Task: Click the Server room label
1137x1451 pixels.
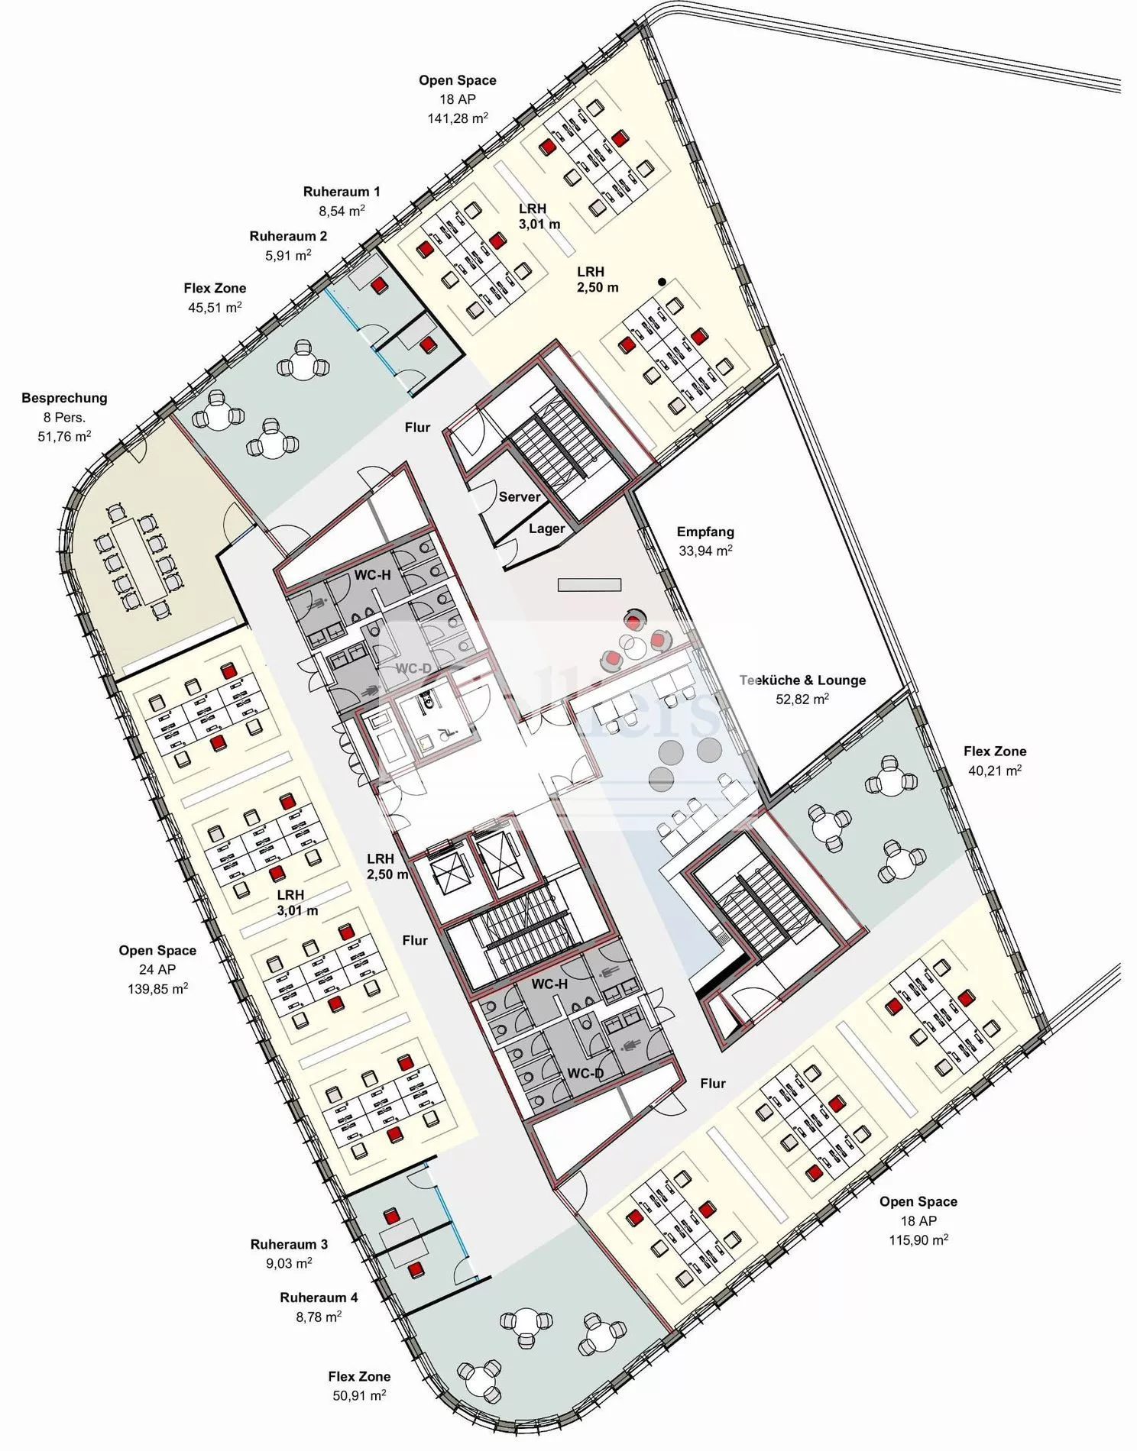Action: click(x=520, y=497)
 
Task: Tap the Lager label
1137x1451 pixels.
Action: click(x=546, y=528)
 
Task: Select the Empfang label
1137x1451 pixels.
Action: click(x=705, y=532)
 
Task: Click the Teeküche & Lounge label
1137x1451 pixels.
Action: click(x=802, y=680)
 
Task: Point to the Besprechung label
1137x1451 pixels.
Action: click(x=64, y=398)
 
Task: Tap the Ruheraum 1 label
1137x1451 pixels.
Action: click(x=342, y=192)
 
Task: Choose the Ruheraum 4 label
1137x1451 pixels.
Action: click(x=319, y=1297)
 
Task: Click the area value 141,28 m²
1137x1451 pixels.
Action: click(x=458, y=118)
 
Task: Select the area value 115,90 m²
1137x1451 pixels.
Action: click(x=918, y=1240)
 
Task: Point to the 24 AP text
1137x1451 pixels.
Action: click(x=157, y=969)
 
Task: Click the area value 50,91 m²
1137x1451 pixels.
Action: click(x=359, y=1395)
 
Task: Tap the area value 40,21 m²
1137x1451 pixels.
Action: click(x=995, y=771)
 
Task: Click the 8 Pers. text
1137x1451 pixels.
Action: click(x=64, y=418)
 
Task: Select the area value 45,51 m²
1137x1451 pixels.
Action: click(x=215, y=308)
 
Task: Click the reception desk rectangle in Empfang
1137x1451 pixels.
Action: click(x=589, y=585)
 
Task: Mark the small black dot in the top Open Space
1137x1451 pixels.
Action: click(x=662, y=282)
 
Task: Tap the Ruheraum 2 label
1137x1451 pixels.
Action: click(x=288, y=237)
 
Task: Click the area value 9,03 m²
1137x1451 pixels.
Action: click(x=289, y=1264)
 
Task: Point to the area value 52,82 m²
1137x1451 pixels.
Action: click(x=802, y=699)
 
